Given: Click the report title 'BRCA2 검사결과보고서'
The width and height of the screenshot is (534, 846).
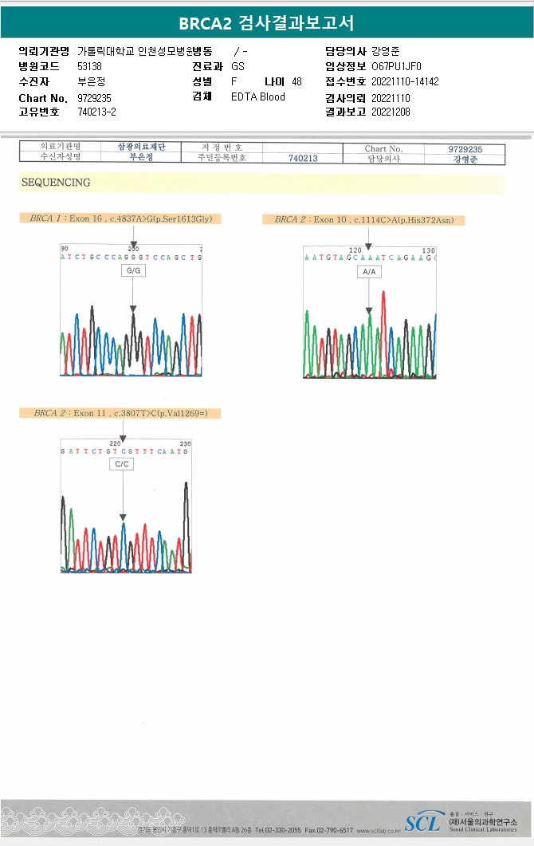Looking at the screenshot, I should [266, 23].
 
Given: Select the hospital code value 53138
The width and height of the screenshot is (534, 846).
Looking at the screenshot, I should [89, 66].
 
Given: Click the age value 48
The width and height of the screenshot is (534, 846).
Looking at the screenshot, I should [296, 81].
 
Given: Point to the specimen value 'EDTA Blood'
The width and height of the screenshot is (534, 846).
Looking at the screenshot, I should [257, 96].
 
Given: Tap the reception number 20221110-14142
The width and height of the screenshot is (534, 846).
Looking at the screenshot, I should [405, 81].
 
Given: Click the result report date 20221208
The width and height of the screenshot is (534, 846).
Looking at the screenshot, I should [391, 112].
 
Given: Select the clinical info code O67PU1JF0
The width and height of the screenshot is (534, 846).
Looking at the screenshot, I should [396, 66].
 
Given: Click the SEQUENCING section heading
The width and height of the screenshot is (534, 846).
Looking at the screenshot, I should [56, 183].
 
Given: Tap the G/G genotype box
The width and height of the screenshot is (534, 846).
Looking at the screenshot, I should [133, 271].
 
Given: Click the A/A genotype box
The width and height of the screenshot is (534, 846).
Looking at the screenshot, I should [368, 272].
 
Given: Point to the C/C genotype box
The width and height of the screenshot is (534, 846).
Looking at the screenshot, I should [122, 464].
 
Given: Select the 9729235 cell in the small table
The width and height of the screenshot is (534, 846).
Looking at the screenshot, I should [465, 148].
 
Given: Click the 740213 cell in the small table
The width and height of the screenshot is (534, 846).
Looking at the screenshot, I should [302, 158].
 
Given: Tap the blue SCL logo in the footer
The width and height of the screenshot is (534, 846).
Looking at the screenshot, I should [422, 823].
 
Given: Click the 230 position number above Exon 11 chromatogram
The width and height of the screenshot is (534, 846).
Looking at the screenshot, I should [185, 443].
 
